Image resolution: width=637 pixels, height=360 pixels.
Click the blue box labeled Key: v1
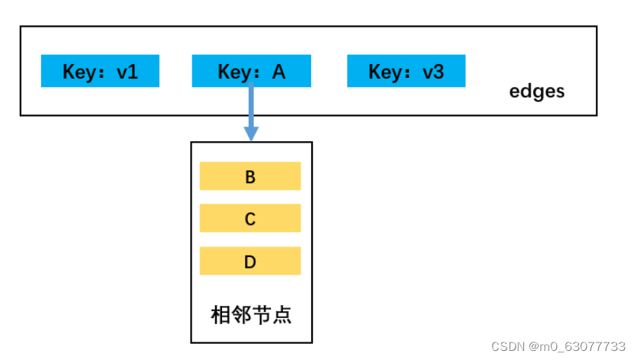tap(100, 71)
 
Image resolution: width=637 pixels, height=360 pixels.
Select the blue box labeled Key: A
tap(252, 71)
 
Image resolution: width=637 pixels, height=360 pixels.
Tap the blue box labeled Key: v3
tap(407, 71)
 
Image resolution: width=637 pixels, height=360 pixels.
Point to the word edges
tap(536, 92)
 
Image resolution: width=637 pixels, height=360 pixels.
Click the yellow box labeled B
tap(250, 176)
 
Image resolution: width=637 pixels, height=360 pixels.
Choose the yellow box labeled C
tap(250, 218)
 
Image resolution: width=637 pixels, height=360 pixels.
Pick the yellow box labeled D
tap(250, 261)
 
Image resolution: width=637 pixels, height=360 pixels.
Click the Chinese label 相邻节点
tap(251, 315)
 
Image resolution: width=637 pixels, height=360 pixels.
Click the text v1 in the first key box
tap(127, 72)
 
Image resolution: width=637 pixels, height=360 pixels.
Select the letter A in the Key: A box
tap(278, 72)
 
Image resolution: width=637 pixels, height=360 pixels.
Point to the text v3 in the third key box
tap(433, 72)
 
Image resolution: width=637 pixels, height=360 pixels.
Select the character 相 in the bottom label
tap(220, 315)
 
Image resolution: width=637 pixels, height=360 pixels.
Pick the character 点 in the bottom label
tap(282, 315)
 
